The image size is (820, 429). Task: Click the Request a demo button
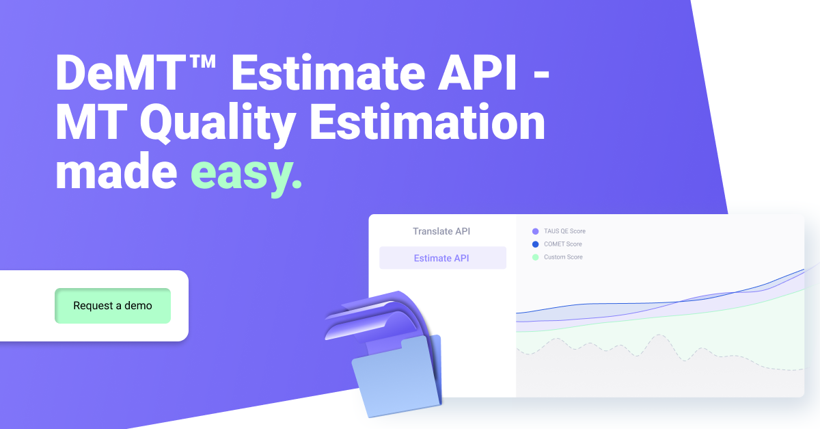[113, 306]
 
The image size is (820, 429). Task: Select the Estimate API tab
[442, 258]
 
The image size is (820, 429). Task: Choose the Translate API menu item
[441, 231]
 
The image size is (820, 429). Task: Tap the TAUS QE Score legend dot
[536, 231]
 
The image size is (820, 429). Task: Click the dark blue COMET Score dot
[536, 244]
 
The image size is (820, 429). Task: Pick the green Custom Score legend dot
[536, 257]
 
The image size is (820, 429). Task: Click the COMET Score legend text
[563, 244]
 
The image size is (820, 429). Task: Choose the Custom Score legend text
[563, 257]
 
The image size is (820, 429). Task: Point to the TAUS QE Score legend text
[564, 231]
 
